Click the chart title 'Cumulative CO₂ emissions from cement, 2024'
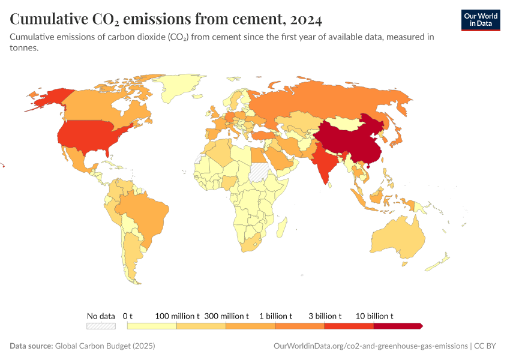pyautogui.click(x=166, y=20)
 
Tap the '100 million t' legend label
pyautogui.click(x=177, y=316)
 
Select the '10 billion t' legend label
pyautogui.click(x=374, y=316)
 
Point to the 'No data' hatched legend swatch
pyautogui.click(x=100, y=326)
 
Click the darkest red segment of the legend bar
pyautogui.click(x=397, y=326)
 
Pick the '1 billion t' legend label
pyautogui.click(x=275, y=316)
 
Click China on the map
pyautogui.click(x=348, y=141)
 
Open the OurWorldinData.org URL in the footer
pyautogui.click(x=370, y=346)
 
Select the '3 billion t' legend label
pyautogui.click(x=325, y=316)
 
